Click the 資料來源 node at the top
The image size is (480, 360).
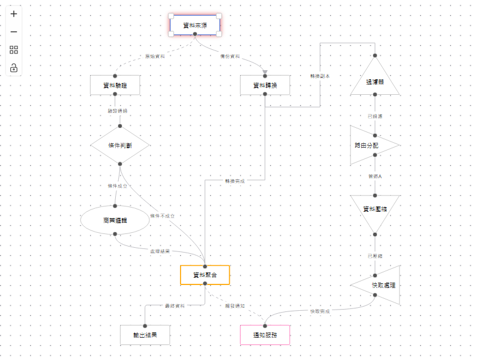click(x=195, y=25)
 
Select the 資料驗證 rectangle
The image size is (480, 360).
click(x=115, y=86)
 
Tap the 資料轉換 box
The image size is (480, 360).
click(x=265, y=86)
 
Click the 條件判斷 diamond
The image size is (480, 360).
click(x=120, y=145)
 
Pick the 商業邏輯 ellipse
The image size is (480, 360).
click(x=115, y=221)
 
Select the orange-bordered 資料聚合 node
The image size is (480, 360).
click(x=205, y=275)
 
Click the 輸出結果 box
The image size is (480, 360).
click(x=145, y=335)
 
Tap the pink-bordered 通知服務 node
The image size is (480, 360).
click(x=265, y=335)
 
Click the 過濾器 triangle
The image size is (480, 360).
click(x=374, y=81)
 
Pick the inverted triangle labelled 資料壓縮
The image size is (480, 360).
click(x=374, y=210)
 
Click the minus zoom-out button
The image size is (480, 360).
click(x=14, y=32)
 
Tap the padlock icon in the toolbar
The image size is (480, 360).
click(x=14, y=68)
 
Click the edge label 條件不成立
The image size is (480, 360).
click(x=162, y=216)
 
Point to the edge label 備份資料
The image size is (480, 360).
click(x=230, y=56)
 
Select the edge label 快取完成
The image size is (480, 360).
click(x=319, y=311)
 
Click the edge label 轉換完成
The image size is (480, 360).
click(x=235, y=181)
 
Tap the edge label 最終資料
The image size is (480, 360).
click(x=175, y=306)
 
